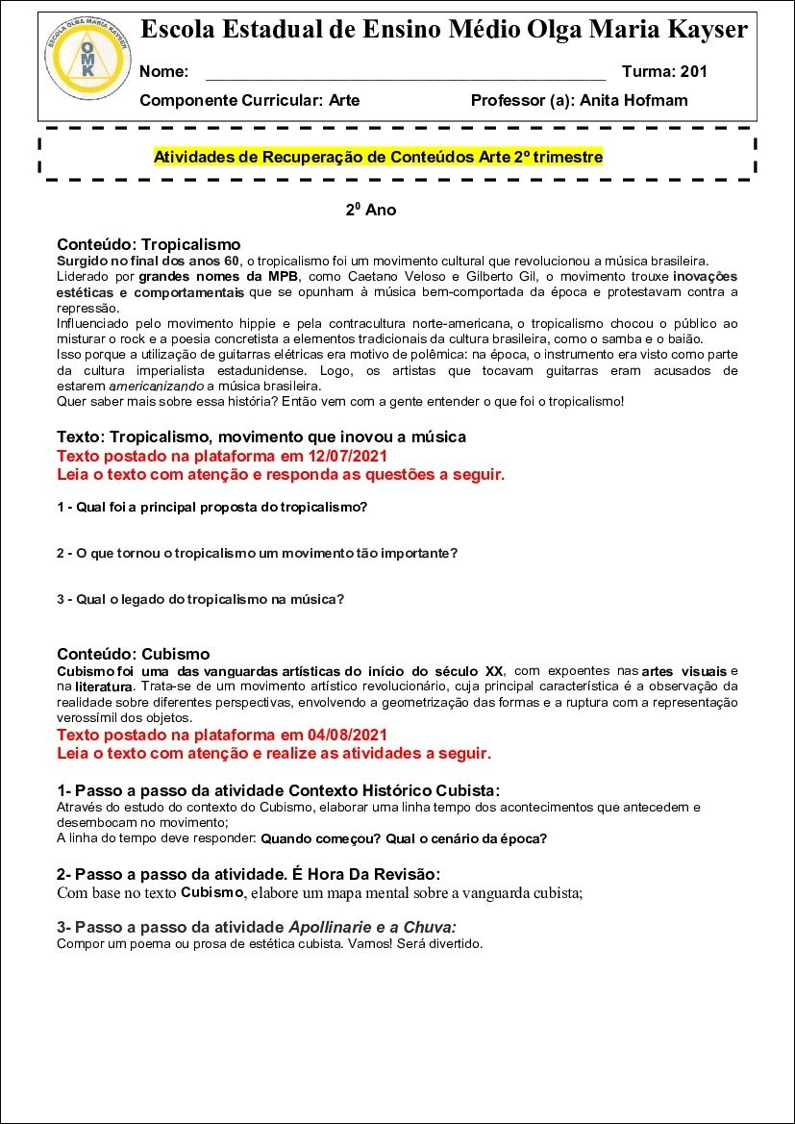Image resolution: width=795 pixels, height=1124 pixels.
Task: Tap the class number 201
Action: pyautogui.click(x=693, y=71)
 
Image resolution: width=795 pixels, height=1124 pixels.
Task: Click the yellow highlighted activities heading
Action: pyautogui.click(x=378, y=157)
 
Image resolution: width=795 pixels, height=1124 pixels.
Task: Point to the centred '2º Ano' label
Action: pyautogui.click(x=371, y=210)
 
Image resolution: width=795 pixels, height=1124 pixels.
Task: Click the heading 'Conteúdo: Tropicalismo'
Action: pyautogui.click(x=148, y=244)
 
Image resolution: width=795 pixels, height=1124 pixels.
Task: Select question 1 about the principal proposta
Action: pyautogui.click(x=211, y=506)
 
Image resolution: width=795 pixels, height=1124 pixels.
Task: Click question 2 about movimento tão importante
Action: pyautogui.click(x=257, y=553)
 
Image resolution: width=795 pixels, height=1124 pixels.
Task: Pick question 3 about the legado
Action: pyautogui.click(x=200, y=599)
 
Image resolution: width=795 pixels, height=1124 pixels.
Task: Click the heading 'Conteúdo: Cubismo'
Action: pyautogui.click(x=133, y=654)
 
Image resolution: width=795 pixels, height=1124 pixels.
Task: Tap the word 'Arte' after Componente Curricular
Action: pyautogui.click(x=344, y=100)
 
